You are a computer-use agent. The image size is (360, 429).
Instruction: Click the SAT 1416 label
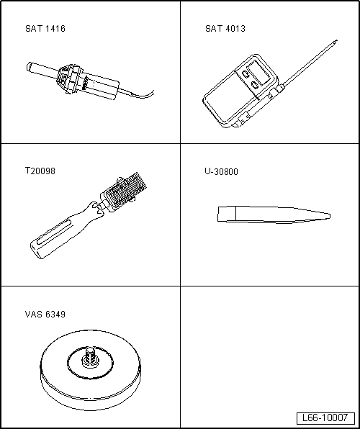click(45, 29)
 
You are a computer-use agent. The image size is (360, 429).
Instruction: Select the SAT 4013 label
click(225, 29)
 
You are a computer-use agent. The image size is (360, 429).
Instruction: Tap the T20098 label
click(40, 171)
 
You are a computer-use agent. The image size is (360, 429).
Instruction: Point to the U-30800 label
click(221, 171)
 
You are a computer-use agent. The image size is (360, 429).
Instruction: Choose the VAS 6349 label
click(45, 315)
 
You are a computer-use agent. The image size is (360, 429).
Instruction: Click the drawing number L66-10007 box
click(325, 417)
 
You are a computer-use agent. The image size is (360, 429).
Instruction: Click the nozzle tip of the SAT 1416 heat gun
click(29, 66)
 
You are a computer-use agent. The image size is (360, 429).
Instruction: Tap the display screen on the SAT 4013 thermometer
click(258, 72)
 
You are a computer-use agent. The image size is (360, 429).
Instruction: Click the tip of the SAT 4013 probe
click(336, 41)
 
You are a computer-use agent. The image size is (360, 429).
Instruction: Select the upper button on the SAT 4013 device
click(246, 74)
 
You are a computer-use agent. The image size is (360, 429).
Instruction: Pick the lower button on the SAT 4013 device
click(255, 85)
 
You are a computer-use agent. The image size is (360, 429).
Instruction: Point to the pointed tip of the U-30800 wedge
click(329, 217)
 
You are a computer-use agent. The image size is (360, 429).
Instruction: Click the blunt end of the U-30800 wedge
click(218, 214)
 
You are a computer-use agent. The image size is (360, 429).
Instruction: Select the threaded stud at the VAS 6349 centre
click(90, 355)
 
